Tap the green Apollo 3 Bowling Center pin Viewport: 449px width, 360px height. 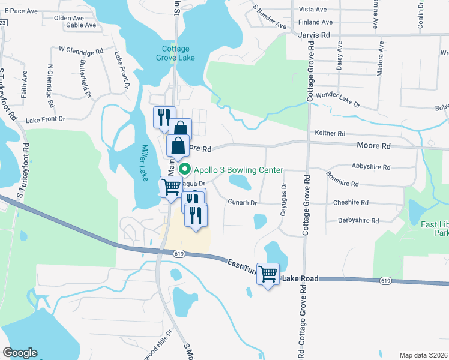point(185,170)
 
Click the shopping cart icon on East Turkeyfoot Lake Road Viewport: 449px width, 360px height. point(268,274)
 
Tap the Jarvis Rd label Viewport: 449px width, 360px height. point(314,35)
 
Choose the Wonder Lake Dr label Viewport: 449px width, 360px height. point(338,99)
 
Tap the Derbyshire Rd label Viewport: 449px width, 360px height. point(358,221)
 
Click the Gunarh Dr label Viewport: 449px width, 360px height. point(242,203)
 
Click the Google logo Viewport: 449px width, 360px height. point(20,353)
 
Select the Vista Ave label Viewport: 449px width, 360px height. point(313,10)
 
